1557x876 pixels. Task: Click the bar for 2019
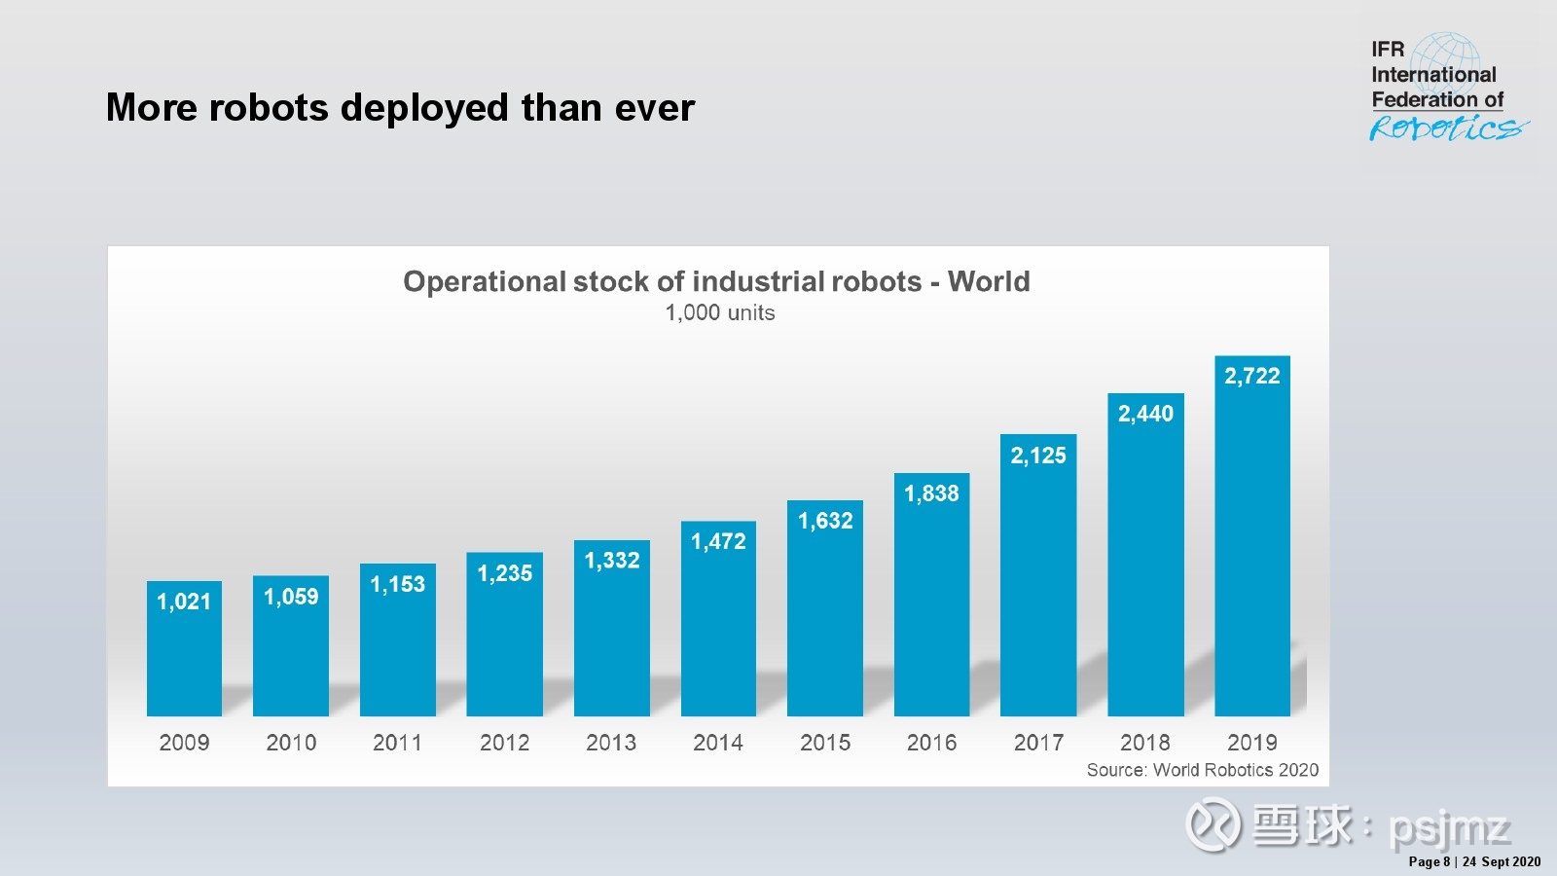[1251, 536]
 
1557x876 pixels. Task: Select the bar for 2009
[184, 648]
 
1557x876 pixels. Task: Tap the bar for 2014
[718, 619]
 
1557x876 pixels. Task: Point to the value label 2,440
[1145, 414]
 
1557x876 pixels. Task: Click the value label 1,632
[825, 521]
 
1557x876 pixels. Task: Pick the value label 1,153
[398, 584]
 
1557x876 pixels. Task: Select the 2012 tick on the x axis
[505, 743]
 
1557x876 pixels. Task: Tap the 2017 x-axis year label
[1038, 743]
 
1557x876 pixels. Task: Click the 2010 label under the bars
[291, 743]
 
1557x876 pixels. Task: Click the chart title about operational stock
[716, 281]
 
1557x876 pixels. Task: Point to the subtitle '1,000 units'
[720, 312]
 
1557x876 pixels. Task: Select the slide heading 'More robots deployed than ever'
[400, 108]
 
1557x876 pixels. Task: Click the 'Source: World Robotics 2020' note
[1203, 770]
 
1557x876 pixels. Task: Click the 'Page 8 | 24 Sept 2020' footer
[1474, 861]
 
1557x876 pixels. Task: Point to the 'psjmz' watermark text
[1450, 829]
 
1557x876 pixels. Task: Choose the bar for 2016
[931, 595]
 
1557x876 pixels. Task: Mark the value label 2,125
[1038, 456]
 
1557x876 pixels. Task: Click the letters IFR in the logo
[1388, 50]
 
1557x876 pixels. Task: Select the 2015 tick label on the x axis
[825, 743]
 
